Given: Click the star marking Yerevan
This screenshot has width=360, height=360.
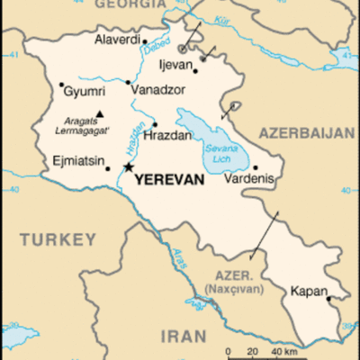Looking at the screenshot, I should (x=129, y=166).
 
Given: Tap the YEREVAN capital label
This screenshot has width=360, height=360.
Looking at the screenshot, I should (x=169, y=180).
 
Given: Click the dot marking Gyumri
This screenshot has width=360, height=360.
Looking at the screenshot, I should (x=62, y=85).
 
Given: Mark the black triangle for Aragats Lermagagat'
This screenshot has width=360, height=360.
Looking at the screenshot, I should (x=100, y=113).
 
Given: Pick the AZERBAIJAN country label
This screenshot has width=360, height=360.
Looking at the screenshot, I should (x=308, y=133).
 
